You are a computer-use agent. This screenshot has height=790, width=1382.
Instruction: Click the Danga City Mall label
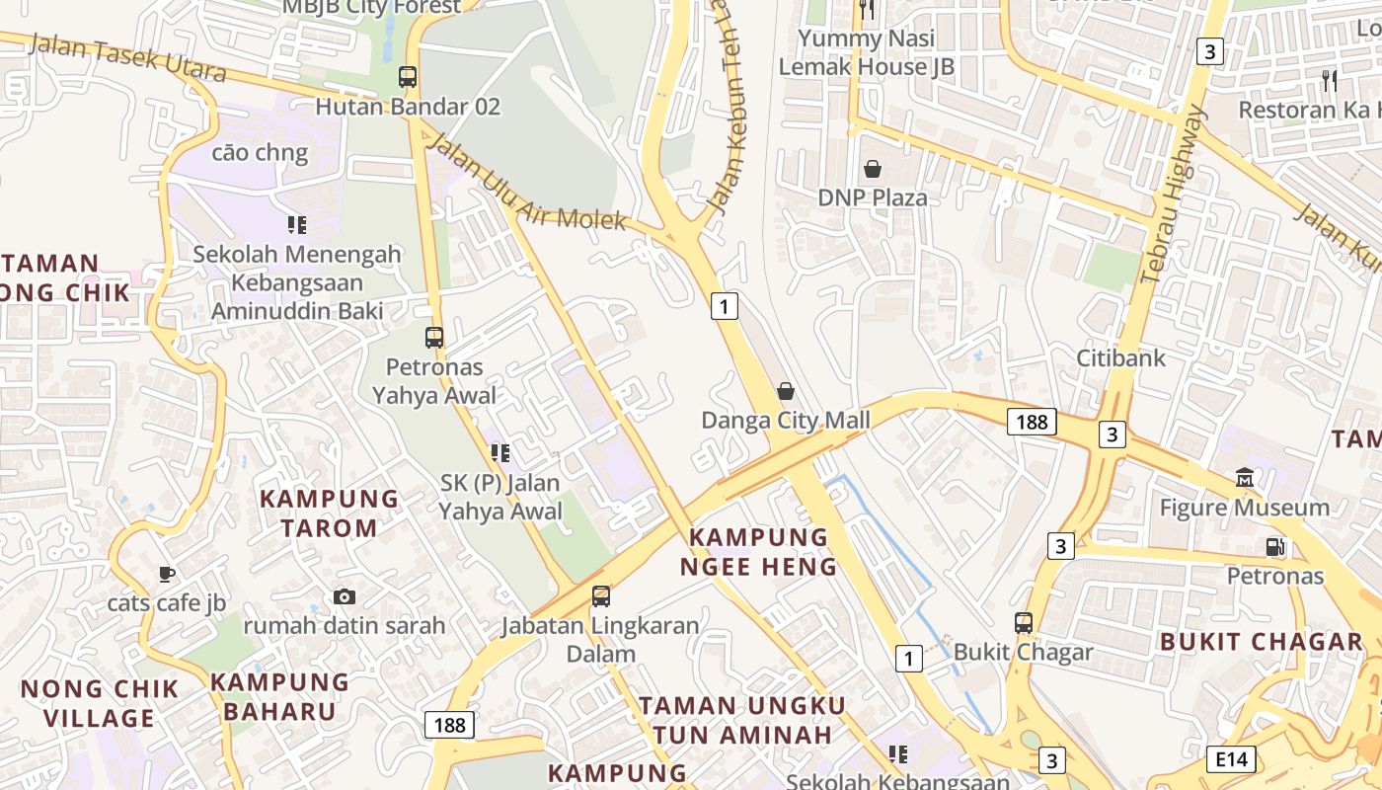coord(786,421)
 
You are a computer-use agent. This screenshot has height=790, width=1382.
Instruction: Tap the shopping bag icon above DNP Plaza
coord(873,169)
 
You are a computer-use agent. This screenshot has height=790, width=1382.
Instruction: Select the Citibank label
coord(1120,357)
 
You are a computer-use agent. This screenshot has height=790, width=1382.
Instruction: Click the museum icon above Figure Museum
coord(1245,478)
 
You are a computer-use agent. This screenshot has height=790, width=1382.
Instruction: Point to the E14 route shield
coord(1230,758)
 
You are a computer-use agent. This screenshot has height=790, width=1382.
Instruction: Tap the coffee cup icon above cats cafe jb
coord(167,574)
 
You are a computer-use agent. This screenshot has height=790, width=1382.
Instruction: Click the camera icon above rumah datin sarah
coord(344,596)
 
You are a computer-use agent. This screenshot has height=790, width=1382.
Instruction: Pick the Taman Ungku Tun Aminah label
coord(741,720)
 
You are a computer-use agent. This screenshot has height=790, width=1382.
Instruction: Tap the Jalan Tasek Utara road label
coord(127,58)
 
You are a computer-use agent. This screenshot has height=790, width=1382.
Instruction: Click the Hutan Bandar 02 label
coord(408,106)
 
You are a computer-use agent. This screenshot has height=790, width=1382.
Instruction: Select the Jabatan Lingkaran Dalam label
coord(600,639)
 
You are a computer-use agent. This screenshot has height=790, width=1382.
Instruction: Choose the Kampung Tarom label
coord(329,513)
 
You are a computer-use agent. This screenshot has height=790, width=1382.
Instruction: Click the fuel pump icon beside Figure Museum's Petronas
coord(1274,546)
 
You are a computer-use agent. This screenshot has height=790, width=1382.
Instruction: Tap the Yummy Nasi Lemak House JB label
coord(867,52)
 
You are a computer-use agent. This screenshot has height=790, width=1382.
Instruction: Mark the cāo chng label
coord(260,153)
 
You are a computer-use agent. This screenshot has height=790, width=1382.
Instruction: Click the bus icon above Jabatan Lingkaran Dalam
coord(600,596)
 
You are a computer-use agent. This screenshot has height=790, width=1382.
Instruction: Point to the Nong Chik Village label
coord(100,703)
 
